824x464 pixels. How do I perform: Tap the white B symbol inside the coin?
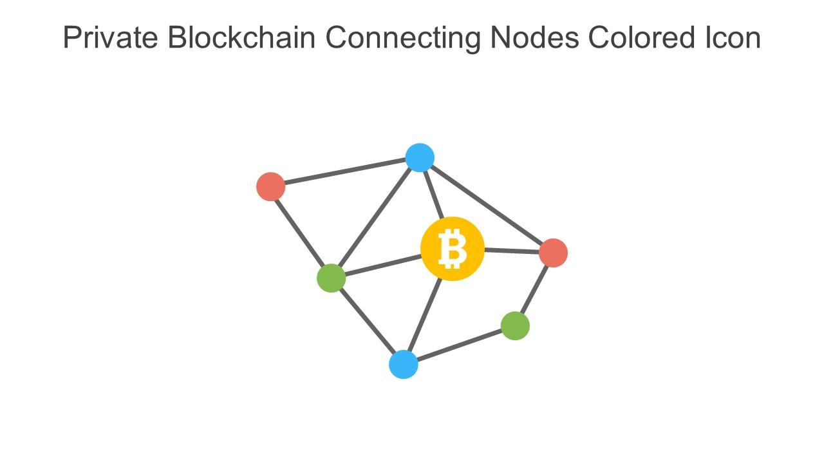click(452, 249)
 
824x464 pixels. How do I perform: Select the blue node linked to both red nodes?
click(420, 158)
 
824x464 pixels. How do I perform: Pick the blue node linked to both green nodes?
click(404, 364)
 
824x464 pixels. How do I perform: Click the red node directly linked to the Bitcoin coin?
click(553, 253)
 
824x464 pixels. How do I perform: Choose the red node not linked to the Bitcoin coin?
click(270, 186)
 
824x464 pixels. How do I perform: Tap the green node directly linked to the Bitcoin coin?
click(332, 278)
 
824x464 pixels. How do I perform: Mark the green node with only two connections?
click(515, 325)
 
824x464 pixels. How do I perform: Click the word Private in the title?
click(111, 38)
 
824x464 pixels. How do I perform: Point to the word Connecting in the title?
click(403, 38)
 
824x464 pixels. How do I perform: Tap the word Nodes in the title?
click(534, 38)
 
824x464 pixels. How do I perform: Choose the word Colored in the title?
click(638, 38)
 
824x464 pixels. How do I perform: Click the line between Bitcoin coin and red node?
click(512, 251)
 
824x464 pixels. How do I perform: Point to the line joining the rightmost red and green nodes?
click(534, 289)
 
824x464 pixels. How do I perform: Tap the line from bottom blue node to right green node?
click(459, 345)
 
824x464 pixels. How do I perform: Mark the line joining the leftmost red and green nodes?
click(301, 232)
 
